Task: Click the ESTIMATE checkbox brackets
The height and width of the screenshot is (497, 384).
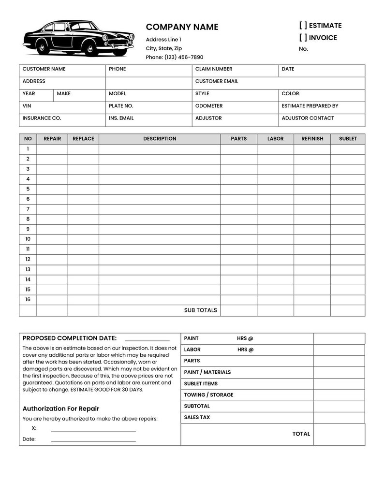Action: click(303, 26)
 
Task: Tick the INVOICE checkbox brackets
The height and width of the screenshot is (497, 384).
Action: click(303, 38)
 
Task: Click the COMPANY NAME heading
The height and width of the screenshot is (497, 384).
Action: click(182, 27)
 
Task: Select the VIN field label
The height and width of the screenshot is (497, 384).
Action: click(27, 106)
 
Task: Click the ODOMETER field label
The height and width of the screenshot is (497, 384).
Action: click(209, 106)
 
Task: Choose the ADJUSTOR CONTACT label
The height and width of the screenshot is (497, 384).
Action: click(308, 118)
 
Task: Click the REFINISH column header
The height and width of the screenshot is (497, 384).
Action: click(312, 139)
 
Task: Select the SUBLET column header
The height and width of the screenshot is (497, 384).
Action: click(348, 139)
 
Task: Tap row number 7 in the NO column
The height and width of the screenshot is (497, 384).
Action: click(28, 209)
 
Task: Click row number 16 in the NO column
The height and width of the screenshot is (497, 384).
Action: click(28, 299)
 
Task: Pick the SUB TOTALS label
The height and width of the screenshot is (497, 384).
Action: click(200, 310)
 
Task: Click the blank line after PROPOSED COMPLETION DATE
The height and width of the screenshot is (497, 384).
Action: click(147, 340)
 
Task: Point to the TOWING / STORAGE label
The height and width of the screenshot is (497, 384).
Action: click(208, 395)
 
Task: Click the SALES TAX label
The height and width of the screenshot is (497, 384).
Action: click(197, 417)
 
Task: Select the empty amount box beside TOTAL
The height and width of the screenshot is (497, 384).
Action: click(339, 434)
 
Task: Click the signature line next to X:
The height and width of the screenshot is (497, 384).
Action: click(93, 430)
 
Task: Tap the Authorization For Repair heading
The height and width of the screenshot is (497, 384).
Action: click(61, 409)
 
